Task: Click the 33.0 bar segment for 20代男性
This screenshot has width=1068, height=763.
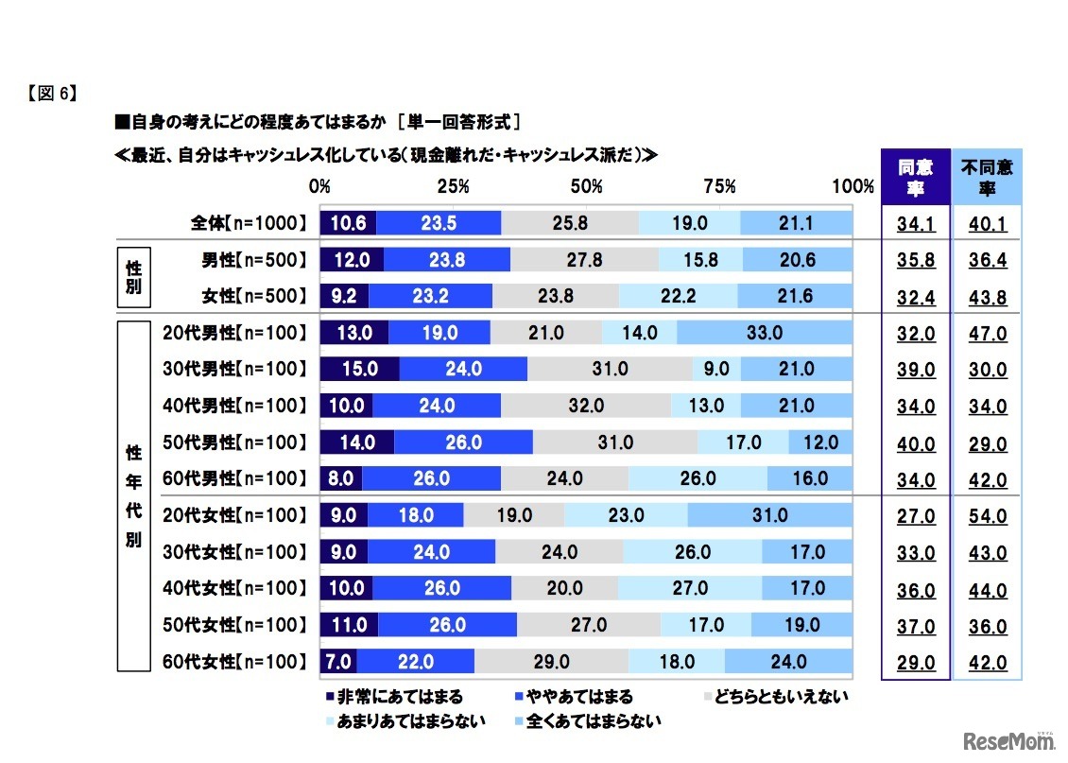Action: pyautogui.click(x=765, y=333)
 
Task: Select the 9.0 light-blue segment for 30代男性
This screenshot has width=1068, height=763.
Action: pyautogui.click(x=716, y=370)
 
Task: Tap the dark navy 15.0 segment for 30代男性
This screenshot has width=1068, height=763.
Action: pyautogui.click(x=360, y=370)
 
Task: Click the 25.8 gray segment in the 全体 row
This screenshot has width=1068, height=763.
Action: pyautogui.click(x=570, y=223)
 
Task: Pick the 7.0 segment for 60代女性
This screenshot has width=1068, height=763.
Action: pyautogui.click(x=338, y=662)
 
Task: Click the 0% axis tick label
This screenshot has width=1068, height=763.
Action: pyautogui.click(x=319, y=186)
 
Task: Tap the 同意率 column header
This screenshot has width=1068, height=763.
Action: pyautogui.click(x=915, y=178)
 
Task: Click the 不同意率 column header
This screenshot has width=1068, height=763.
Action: pyautogui.click(x=987, y=178)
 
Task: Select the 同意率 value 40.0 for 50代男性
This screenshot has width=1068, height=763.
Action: pyautogui.click(x=915, y=443)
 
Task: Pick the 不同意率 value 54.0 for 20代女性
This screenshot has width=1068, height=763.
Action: pyautogui.click(x=988, y=517)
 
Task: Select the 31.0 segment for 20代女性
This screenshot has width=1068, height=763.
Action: pyautogui.click(x=770, y=515)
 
